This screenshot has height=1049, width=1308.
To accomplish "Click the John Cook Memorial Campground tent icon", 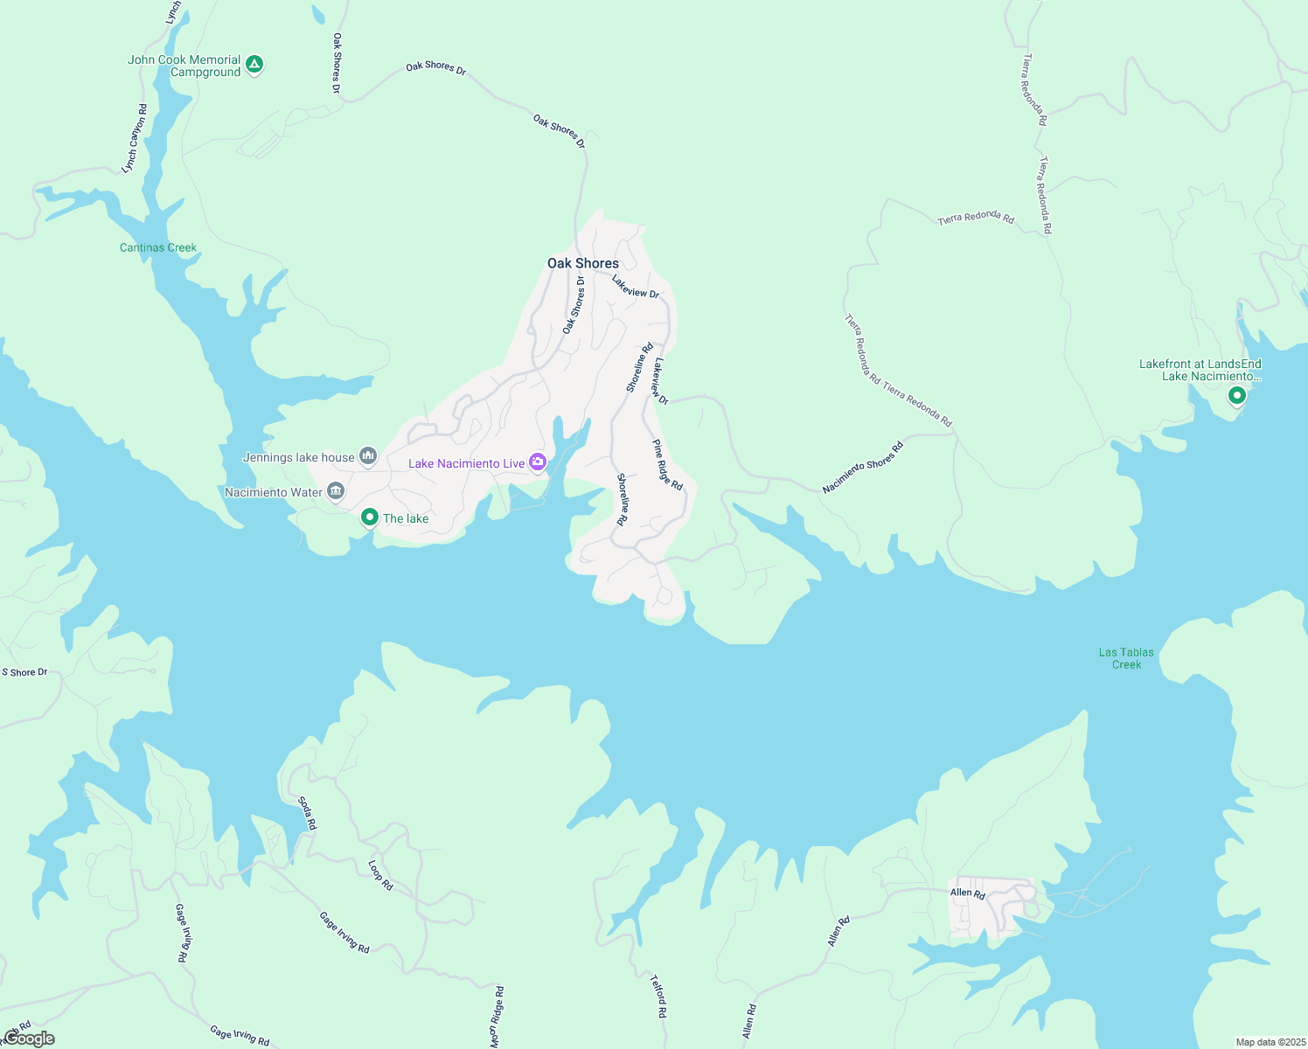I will pos(254,64).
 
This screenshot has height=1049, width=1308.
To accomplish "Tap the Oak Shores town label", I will pos(583,263).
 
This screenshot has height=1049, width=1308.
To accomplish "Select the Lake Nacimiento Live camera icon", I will pos(538,462).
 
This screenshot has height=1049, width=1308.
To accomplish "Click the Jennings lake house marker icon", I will pos(368,456).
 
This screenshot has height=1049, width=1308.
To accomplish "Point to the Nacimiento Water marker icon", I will pos(336,492).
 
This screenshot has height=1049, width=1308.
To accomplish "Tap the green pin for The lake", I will pos(370,518).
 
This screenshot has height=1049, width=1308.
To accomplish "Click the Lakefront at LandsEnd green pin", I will pos(1236,396).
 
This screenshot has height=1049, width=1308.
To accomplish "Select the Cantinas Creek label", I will pos(158,247).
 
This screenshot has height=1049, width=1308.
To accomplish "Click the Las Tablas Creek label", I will pos(1126,658).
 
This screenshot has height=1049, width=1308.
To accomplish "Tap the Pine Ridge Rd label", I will pos(667,464).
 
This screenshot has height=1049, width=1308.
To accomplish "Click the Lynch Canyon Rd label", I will pos(135,138).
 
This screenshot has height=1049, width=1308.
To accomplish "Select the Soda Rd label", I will pos(307,813).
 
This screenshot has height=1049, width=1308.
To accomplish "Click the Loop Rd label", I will pos(380,875).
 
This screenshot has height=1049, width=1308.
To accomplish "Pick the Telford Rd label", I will pos(658,997).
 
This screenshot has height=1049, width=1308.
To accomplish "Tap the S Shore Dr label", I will pos(24,672).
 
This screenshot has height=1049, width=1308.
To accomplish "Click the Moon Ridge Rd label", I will pos(497,1017).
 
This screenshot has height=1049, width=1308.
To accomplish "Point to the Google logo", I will pos(29,1039).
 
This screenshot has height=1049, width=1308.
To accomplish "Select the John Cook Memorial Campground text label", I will pos(184,66).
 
